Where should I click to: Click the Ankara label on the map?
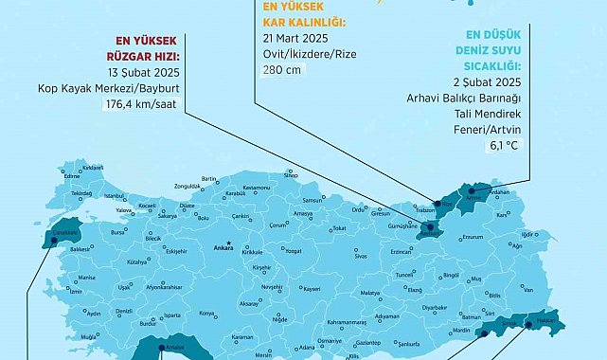point(223,249)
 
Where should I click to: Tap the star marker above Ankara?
point(222,241)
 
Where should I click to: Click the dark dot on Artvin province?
point(473,199)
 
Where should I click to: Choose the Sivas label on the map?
point(360,256)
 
